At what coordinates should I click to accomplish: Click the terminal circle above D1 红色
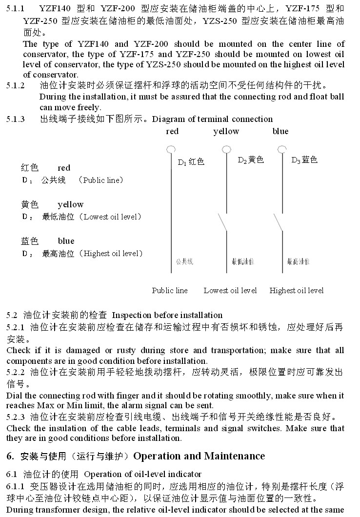click(170, 149)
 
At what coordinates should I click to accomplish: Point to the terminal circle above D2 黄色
click(226, 149)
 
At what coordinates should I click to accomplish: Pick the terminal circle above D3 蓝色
click(282, 149)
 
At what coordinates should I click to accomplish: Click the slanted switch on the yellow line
click(223, 222)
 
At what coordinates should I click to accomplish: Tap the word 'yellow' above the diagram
click(226, 131)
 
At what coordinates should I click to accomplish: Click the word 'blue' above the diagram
click(280, 131)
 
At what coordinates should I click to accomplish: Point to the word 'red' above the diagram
click(172, 131)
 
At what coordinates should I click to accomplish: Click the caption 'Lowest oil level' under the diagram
click(230, 291)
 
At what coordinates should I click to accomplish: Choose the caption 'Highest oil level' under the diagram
click(297, 291)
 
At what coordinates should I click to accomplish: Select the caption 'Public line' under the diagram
click(170, 291)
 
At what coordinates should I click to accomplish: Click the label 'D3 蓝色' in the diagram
click(304, 160)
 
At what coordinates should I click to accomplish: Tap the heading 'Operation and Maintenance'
click(199, 456)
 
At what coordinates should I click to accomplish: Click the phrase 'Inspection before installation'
click(167, 315)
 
